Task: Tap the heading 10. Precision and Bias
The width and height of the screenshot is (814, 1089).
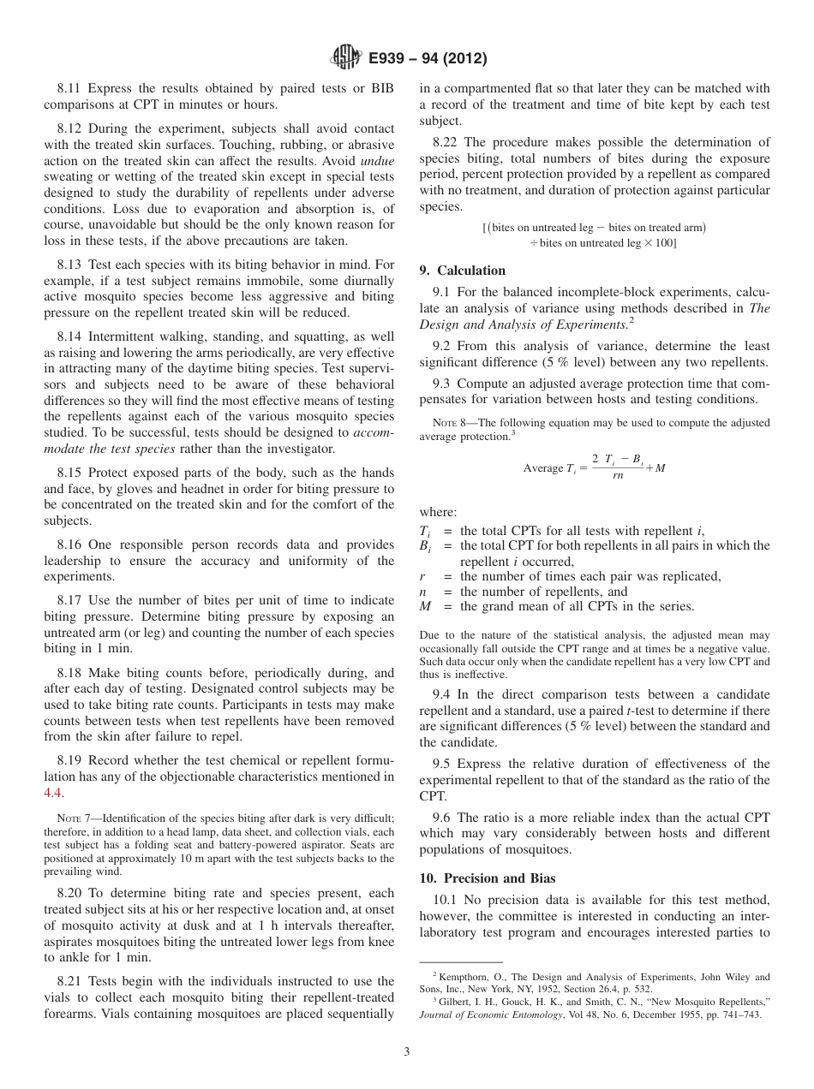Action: tap(487, 878)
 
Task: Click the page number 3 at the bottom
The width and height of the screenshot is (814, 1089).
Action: tap(407, 1051)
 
